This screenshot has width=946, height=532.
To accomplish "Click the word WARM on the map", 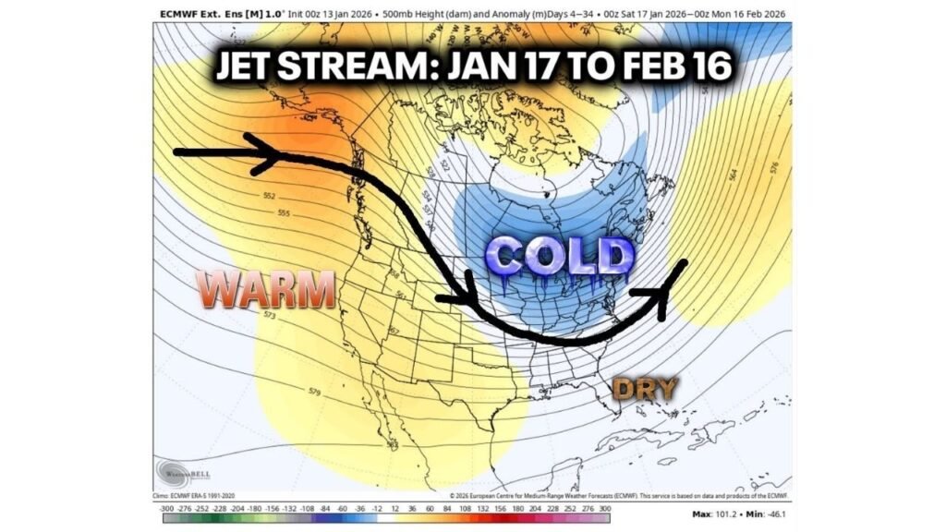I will (x=268, y=291).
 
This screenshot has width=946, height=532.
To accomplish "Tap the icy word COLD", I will (x=559, y=256).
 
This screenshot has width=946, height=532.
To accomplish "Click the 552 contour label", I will (x=270, y=196).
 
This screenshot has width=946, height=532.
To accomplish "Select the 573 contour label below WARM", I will (x=270, y=316).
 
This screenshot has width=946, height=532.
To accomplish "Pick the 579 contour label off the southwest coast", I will (x=314, y=393).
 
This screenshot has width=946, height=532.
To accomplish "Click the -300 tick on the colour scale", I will (x=165, y=508).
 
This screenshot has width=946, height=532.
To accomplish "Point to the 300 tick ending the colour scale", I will (x=604, y=508).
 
